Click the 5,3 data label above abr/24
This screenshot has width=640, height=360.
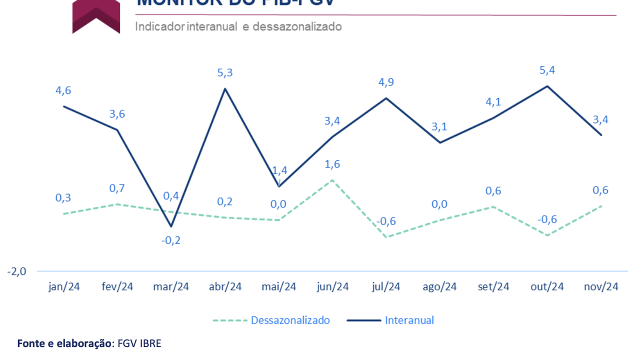pyautogui.click(x=224, y=73)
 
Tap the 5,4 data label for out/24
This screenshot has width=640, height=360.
pyautogui.click(x=547, y=70)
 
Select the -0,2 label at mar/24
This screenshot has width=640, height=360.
pyautogui.click(x=171, y=240)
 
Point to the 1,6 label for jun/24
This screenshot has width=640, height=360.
pyautogui.click(x=332, y=164)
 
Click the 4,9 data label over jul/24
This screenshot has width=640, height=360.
pyautogui.click(x=385, y=82)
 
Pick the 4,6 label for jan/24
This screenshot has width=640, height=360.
pyautogui.click(x=63, y=90)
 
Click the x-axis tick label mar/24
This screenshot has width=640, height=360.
pyautogui.click(x=171, y=287)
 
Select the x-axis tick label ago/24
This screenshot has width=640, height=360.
pyautogui.click(x=439, y=287)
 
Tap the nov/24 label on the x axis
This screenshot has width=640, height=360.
pyautogui.click(x=601, y=287)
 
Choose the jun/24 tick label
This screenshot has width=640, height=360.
pyautogui.click(x=332, y=287)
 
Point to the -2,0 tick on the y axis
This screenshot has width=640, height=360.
pyautogui.click(x=16, y=271)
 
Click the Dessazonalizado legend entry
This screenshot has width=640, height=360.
pyautogui.click(x=290, y=320)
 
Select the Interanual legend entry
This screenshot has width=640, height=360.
pyautogui.click(x=409, y=320)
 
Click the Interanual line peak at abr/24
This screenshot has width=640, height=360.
pyautogui.click(x=225, y=89)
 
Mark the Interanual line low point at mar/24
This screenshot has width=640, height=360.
pyautogui.click(x=171, y=226)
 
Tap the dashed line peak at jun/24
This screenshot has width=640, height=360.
pyautogui.click(x=332, y=180)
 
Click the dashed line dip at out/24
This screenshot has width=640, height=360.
pyautogui.click(x=547, y=235)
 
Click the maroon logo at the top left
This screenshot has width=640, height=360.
pyautogui.click(x=96, y=17)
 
